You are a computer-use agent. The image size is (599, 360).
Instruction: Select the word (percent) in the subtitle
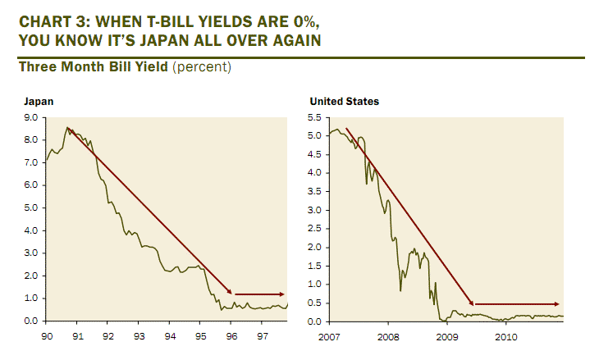coord(202,66)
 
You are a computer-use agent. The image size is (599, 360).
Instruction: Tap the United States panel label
coord(345,102)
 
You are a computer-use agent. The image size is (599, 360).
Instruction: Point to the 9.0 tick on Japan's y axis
coord(32,117)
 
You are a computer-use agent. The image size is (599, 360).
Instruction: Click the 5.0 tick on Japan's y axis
coord(32,207)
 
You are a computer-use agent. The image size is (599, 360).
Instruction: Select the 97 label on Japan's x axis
coord(262,336)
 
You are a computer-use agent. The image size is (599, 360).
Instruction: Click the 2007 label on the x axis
coord(330,336)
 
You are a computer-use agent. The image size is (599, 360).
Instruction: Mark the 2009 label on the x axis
coord(447,336)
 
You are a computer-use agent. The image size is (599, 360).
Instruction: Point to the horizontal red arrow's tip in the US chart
coord(560,304)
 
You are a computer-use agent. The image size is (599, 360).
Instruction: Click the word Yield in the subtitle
coord(148,66)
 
